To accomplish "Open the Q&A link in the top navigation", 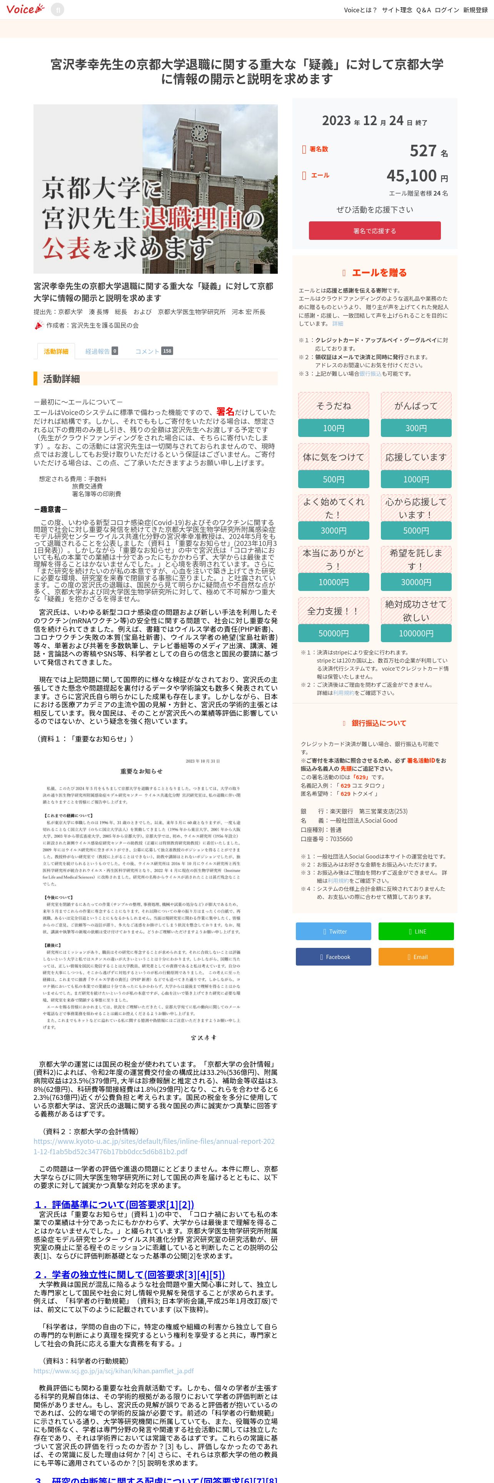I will (423, 10).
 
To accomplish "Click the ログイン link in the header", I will (447, 10).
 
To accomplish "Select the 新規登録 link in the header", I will (475, 10).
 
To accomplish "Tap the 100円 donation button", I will (334, 428).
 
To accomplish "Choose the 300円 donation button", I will (416, 428).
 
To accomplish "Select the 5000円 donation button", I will (416, 531).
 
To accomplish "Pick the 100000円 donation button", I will (416, 633).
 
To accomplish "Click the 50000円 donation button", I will (334, 633).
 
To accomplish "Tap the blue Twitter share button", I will (334, 931).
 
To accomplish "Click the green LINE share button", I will (416, 931).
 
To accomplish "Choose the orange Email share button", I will (416, 957).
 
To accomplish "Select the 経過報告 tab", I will (101, 351).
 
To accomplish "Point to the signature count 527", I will (423, 151).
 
